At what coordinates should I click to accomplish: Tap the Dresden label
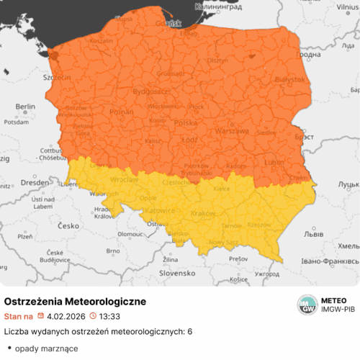[32, 183]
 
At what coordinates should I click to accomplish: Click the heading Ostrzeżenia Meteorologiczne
[76, 300]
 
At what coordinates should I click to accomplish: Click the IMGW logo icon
[308, 305]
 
